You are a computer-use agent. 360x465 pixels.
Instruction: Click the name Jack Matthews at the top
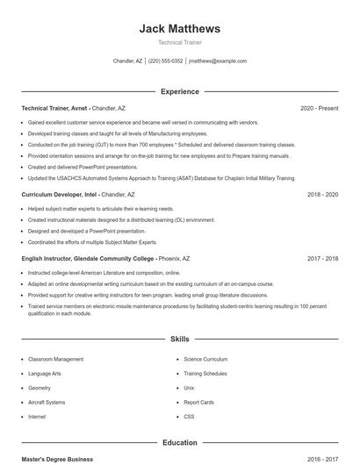(x=179, y=29)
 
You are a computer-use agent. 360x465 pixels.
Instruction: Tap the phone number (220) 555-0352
(x=165, y=61)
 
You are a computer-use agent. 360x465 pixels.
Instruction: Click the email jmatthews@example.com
(x=218, y=61)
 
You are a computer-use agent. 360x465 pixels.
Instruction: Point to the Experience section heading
(x=179, y=91)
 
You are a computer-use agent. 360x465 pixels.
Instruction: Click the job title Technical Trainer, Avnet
(x=55, y=108)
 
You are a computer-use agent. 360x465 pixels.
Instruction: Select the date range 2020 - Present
(x=319, y=108)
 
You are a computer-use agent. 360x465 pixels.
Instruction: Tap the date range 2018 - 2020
(x=322, y=194)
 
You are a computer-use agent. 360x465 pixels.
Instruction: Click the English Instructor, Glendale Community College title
(x=88, y=259)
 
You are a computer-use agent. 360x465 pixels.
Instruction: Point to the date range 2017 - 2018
(x=322, y=259)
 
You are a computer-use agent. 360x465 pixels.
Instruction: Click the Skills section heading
(x=179, y=338)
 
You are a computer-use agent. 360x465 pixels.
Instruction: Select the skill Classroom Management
(x=55, y=359)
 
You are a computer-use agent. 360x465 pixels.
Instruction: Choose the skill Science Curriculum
(x=205, y=359)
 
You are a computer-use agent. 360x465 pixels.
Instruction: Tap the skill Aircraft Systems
(x=47, y=402)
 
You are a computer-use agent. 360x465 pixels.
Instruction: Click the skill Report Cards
(x=198, y=402)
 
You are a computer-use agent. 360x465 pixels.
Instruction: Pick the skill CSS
(x=189, y=416)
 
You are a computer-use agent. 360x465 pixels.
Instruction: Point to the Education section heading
(x=179, y=443)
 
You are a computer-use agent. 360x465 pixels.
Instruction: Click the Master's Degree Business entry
(x=57, y=459)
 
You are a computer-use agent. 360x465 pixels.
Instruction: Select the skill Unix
(x=189, y=388)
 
